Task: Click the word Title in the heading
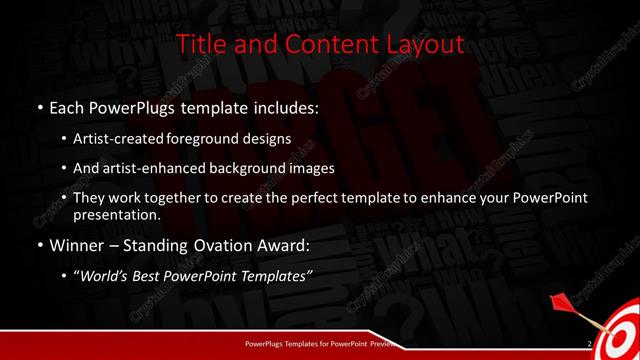click(x=200, y=45)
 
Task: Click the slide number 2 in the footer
click(x=590, y=345)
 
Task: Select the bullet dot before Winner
click(x=39, y=244)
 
